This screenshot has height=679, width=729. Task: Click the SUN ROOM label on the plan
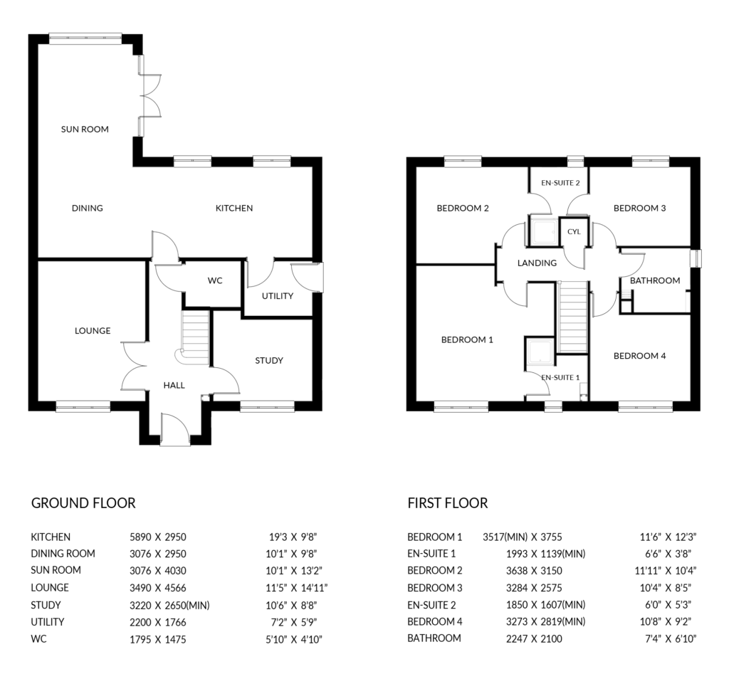pyautogui.click(x=85, y=130)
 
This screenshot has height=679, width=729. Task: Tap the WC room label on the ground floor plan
pyautogui.click(x=215, y=280)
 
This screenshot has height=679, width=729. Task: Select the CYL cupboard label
pyautogui.click(x=575, y=231)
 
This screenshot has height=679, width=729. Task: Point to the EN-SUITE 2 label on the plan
pyautogui.click(x=560, y=183)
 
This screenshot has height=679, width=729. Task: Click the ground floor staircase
pyautogui.click(x=194, y=338)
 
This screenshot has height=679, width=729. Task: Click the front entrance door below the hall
pyautogui.click(x=175, y=429)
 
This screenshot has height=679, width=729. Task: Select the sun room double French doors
pyautogui.click(x=150, y=95)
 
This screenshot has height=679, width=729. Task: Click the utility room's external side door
pyautogui.click(x=308, y=278)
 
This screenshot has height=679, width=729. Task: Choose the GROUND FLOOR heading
pyautogui.click(x=83, y=503)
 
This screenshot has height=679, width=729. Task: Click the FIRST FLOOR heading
pyautogui.click(x=448, y=503)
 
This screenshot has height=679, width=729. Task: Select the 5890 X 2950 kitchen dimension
pyautogui.click(x=157, y=537)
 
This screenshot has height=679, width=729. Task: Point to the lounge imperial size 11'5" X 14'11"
pyautogui.click(x=297, y=588)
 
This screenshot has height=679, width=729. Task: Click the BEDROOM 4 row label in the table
pyautogui.click(x=435, y=622)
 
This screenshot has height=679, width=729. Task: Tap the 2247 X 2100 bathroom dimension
pyautogui.click(x=534, y=639)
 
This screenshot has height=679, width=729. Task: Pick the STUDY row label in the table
pyautogui.click(x=46, y=605)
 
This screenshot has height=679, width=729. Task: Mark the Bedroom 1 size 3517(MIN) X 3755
pyautogui.click(x=522, y=537)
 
